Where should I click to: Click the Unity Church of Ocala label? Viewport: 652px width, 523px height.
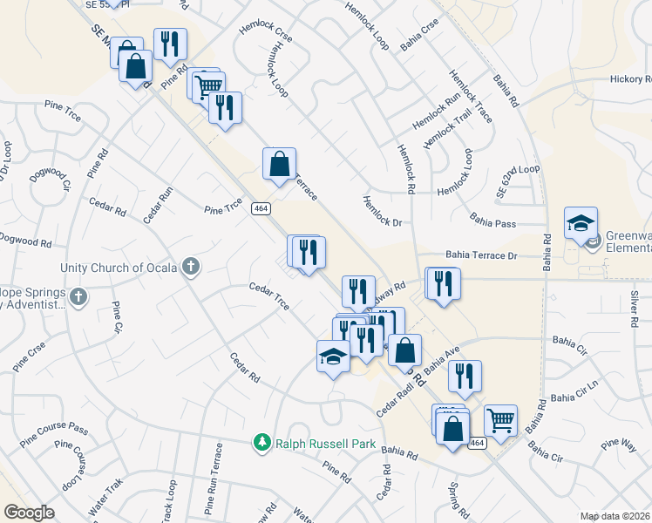(119, 268)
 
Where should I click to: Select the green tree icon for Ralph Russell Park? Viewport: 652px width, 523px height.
(261, 444)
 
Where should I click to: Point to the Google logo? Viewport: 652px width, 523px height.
(29, 513)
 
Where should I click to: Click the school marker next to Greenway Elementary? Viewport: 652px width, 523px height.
(581, 223)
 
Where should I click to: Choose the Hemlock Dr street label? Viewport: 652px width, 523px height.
(384, 210)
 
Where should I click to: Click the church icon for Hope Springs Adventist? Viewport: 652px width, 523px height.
(78, 296)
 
